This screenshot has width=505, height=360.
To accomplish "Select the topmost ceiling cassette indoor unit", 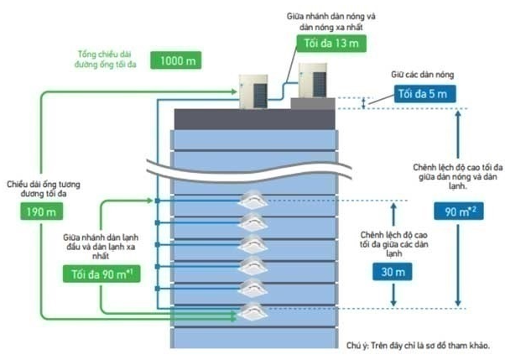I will tap(253, 201).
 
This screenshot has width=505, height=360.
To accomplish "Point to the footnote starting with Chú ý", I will tap(417, 346).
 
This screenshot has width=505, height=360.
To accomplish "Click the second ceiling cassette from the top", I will tap(253, 223).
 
